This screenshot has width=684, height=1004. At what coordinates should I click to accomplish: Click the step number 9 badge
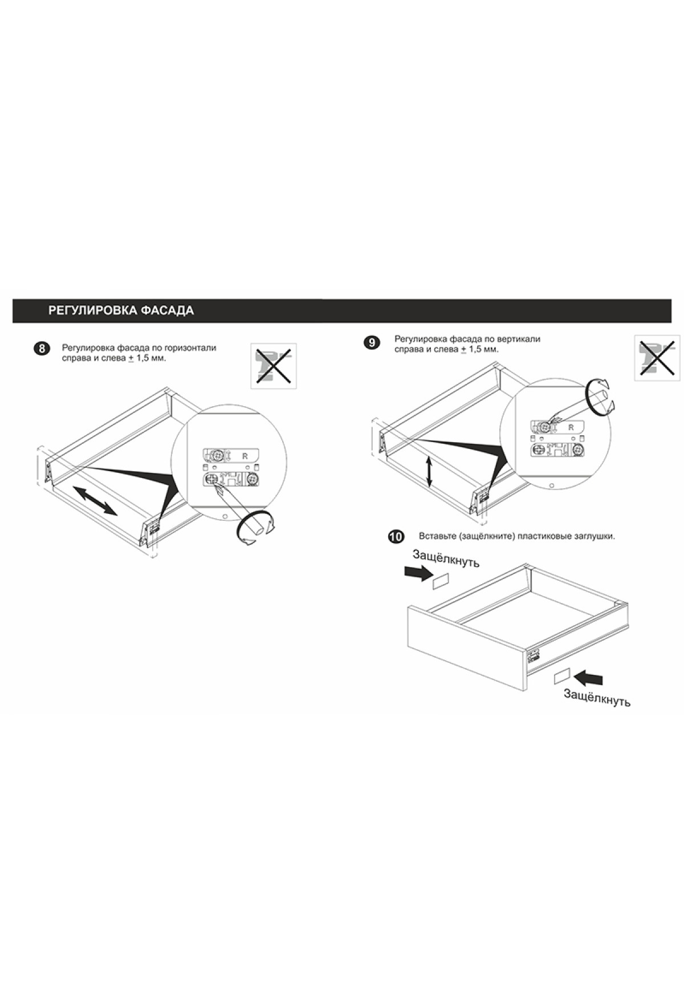371,343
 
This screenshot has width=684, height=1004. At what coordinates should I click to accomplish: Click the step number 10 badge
396,537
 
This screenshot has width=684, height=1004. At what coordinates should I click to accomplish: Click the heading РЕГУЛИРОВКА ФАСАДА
121,311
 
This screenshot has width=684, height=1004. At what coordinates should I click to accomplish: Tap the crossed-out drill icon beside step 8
274,366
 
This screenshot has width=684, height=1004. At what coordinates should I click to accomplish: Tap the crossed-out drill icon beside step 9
658,357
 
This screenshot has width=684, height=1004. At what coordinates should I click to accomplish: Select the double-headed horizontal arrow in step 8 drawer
95,500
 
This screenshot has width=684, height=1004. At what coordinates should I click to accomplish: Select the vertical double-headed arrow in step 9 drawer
429,471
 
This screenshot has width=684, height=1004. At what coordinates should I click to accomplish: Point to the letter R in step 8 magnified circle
245,456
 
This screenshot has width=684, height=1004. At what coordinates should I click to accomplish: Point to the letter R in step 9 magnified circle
571,427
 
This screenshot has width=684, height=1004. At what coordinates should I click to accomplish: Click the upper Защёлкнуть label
446,558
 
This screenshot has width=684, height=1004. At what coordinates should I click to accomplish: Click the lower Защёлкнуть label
597,697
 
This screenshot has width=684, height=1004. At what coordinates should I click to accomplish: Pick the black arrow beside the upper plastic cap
418,573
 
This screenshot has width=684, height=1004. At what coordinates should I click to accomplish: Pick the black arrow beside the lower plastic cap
589,678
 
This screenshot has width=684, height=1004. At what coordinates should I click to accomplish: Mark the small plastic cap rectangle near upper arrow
441,582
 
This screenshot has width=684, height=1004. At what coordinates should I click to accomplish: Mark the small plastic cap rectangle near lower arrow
562,676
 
